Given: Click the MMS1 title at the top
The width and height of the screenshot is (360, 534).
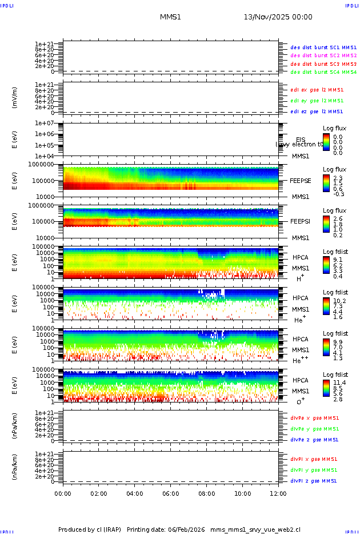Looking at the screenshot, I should (170, 17).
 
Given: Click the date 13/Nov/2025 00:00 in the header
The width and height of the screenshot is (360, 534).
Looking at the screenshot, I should (278, 17).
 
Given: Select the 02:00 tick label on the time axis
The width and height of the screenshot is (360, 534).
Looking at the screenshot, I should (99, 493).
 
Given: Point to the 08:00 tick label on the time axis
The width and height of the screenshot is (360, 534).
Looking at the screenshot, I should (206, 493).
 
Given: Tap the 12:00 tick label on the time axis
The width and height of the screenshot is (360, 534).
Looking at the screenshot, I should (278, 493).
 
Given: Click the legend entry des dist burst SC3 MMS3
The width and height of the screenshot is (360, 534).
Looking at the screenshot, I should (323, 64).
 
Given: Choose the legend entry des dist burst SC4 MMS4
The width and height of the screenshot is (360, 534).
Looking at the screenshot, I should (323, 72).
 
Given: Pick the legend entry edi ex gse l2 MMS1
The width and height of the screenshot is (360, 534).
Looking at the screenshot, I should (317, 90).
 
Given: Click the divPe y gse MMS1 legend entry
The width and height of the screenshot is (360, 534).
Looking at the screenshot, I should (315, 429).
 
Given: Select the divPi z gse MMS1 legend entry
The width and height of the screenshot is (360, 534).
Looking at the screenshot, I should (313, 481).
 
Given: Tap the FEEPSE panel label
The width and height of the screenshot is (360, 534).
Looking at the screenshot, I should (301, 180).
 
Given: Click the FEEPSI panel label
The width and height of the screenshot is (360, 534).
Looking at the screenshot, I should (300, 221).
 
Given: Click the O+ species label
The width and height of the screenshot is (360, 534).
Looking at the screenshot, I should (300, 401).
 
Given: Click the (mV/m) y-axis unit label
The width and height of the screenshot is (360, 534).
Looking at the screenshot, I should (15, 98).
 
